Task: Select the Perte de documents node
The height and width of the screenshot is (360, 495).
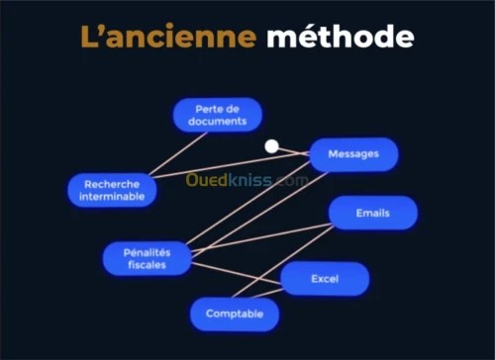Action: [x=218, y=115]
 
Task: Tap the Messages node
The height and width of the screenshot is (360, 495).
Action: [x=353, y=155]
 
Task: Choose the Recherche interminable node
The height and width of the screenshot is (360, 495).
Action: [x=113, y=190]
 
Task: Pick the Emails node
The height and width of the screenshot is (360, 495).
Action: [x=373, y=213]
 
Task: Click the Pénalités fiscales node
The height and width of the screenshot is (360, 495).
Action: [x=147, y=258]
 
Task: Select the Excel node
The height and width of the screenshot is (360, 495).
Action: [x=325, y=279]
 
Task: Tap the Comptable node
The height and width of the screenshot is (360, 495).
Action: [x=235, y=314]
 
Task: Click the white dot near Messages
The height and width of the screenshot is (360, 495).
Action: [x=272, y=146]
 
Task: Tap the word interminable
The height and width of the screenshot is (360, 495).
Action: [x=113, y=197]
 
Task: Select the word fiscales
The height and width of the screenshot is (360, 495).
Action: [x=147, y=265]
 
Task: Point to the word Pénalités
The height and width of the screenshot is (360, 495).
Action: [x=147, y=251]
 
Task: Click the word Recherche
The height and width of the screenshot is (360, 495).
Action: [x=113, y=183]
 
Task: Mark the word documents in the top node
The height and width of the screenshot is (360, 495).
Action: [x=218, y=122]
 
